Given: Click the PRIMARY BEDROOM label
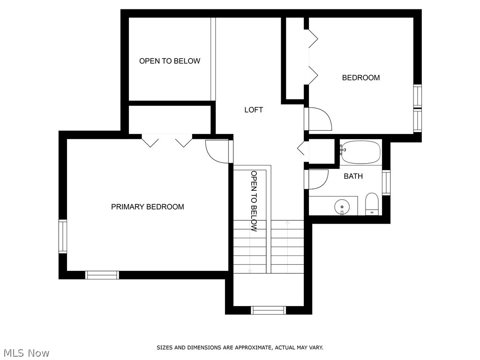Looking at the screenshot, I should click(x=147, y=207).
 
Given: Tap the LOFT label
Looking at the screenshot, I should click(x=254, y=110).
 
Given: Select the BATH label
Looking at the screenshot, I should click(x=353, y=176).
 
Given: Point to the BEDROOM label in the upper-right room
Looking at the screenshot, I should click(x=360, y=78).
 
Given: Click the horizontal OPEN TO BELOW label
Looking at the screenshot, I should click(x=169, y=61).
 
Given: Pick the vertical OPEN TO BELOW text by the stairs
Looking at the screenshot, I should click(x=254, y=201).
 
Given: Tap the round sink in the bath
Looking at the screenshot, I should click(x=342, y=206).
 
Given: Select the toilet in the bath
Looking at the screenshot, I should click(x=372, y=203).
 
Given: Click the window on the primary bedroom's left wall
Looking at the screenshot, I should click(x=63, y=237).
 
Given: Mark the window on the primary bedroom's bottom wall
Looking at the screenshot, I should click(x=102, y=275).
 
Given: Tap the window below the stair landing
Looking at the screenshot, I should click(x=269, y=310).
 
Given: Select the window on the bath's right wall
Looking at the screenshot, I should click(x=386, y=182).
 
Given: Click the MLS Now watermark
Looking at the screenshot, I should click(x=26, y=352).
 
